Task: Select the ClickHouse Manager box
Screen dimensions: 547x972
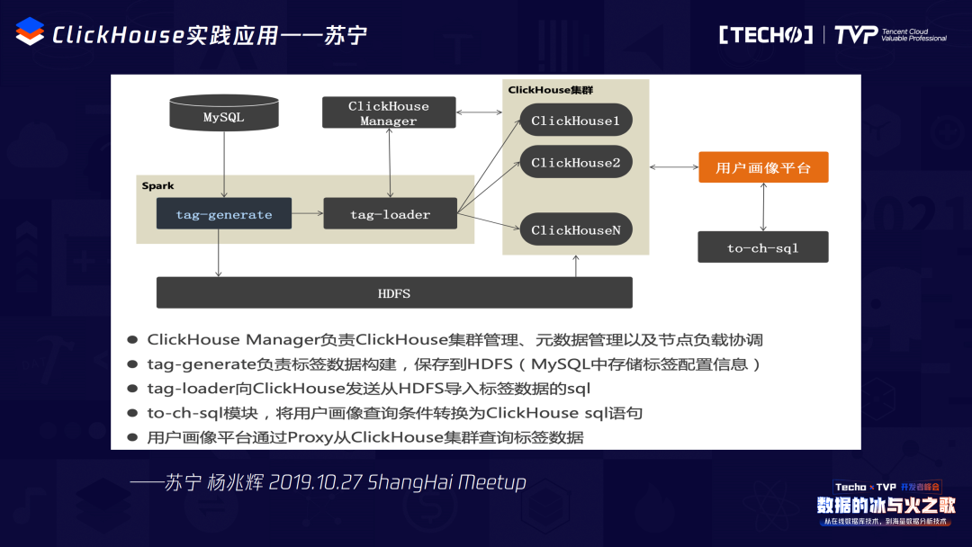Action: click(388, 113)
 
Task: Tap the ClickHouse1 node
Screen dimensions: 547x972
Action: click(575, 120)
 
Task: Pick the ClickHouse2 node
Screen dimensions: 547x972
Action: click(575, 163)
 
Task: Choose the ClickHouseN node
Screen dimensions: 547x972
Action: click(575, 229)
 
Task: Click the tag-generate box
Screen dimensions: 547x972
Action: click(223, 214)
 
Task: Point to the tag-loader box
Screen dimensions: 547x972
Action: click(390, 214)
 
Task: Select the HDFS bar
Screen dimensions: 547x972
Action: click(394, 293)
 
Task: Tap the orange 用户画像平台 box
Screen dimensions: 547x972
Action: click(763, 167)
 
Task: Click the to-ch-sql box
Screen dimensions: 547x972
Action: click(762, 247)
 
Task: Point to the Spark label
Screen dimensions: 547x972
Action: click(157, 185)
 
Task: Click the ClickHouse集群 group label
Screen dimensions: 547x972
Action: click(550, 90)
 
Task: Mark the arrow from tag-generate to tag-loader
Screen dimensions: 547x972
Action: click(308, 214)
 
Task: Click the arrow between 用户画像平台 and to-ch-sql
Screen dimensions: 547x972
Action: click(763, 207)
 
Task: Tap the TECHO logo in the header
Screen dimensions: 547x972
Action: click(766, 35)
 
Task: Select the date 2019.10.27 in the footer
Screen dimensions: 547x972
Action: click(315, 482)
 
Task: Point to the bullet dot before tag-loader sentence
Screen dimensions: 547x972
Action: click(132, 389)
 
